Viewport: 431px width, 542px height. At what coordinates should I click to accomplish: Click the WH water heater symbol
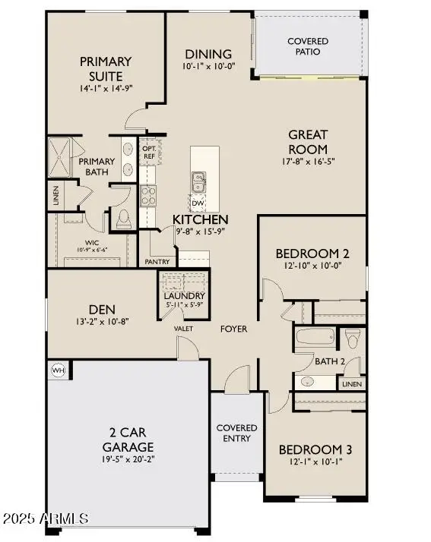pos(58,370)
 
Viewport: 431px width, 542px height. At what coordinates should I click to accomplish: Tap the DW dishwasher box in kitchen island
pos(198,203)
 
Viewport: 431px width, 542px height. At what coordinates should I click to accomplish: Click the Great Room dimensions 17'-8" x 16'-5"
pos(308,162)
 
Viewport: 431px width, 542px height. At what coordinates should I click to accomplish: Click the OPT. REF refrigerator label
pos(149,151)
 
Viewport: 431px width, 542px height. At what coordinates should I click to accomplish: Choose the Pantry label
pos(157,261)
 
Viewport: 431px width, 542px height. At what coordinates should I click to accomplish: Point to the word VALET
pos(183,329)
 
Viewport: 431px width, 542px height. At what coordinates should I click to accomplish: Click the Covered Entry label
pos(236,433)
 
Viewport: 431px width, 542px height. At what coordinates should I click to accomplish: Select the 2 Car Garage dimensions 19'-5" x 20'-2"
pos(128,459)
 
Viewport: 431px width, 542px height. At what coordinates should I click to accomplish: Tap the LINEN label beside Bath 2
pos(352,384)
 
